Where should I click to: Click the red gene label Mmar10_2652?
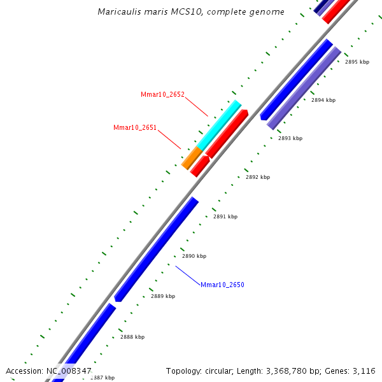162,94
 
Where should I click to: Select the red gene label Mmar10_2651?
135,127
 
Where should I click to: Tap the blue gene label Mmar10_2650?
222,285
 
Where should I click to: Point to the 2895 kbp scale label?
357,62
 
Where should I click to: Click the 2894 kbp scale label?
323,100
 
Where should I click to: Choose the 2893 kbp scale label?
290,138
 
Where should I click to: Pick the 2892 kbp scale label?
257,177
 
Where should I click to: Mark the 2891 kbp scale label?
225,216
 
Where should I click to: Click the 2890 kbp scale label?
194,256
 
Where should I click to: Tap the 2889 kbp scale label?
163,296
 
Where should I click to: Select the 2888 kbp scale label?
132,337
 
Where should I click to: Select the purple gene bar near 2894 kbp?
304,88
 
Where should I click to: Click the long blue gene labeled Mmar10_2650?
156,250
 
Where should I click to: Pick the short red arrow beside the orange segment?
199,166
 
